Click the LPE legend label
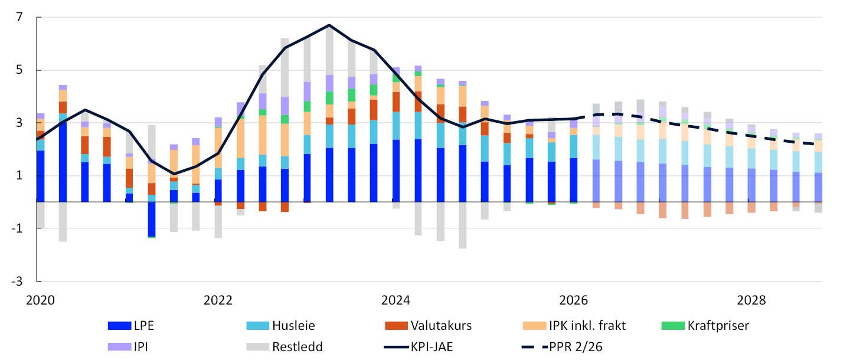point(144,326)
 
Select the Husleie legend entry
point(293,326)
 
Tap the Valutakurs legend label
point(441,326)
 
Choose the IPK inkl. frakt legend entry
point(587,326)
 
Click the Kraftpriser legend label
point(718,326)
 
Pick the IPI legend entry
point(141,346)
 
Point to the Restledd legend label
point(298,346)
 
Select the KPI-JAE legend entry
point(432,346)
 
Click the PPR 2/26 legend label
point(576,346)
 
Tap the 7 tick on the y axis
point(19,17)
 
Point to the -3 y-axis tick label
point(17,282)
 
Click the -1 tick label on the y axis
point(17,228)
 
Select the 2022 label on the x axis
point(218,300)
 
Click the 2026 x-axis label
point(574,300)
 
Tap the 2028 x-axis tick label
point(751,300)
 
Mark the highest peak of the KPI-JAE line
point(329,25)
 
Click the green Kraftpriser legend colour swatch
point(673,326)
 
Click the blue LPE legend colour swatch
point(120,326)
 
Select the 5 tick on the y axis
point(19,70)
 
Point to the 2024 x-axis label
point(396,300)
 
